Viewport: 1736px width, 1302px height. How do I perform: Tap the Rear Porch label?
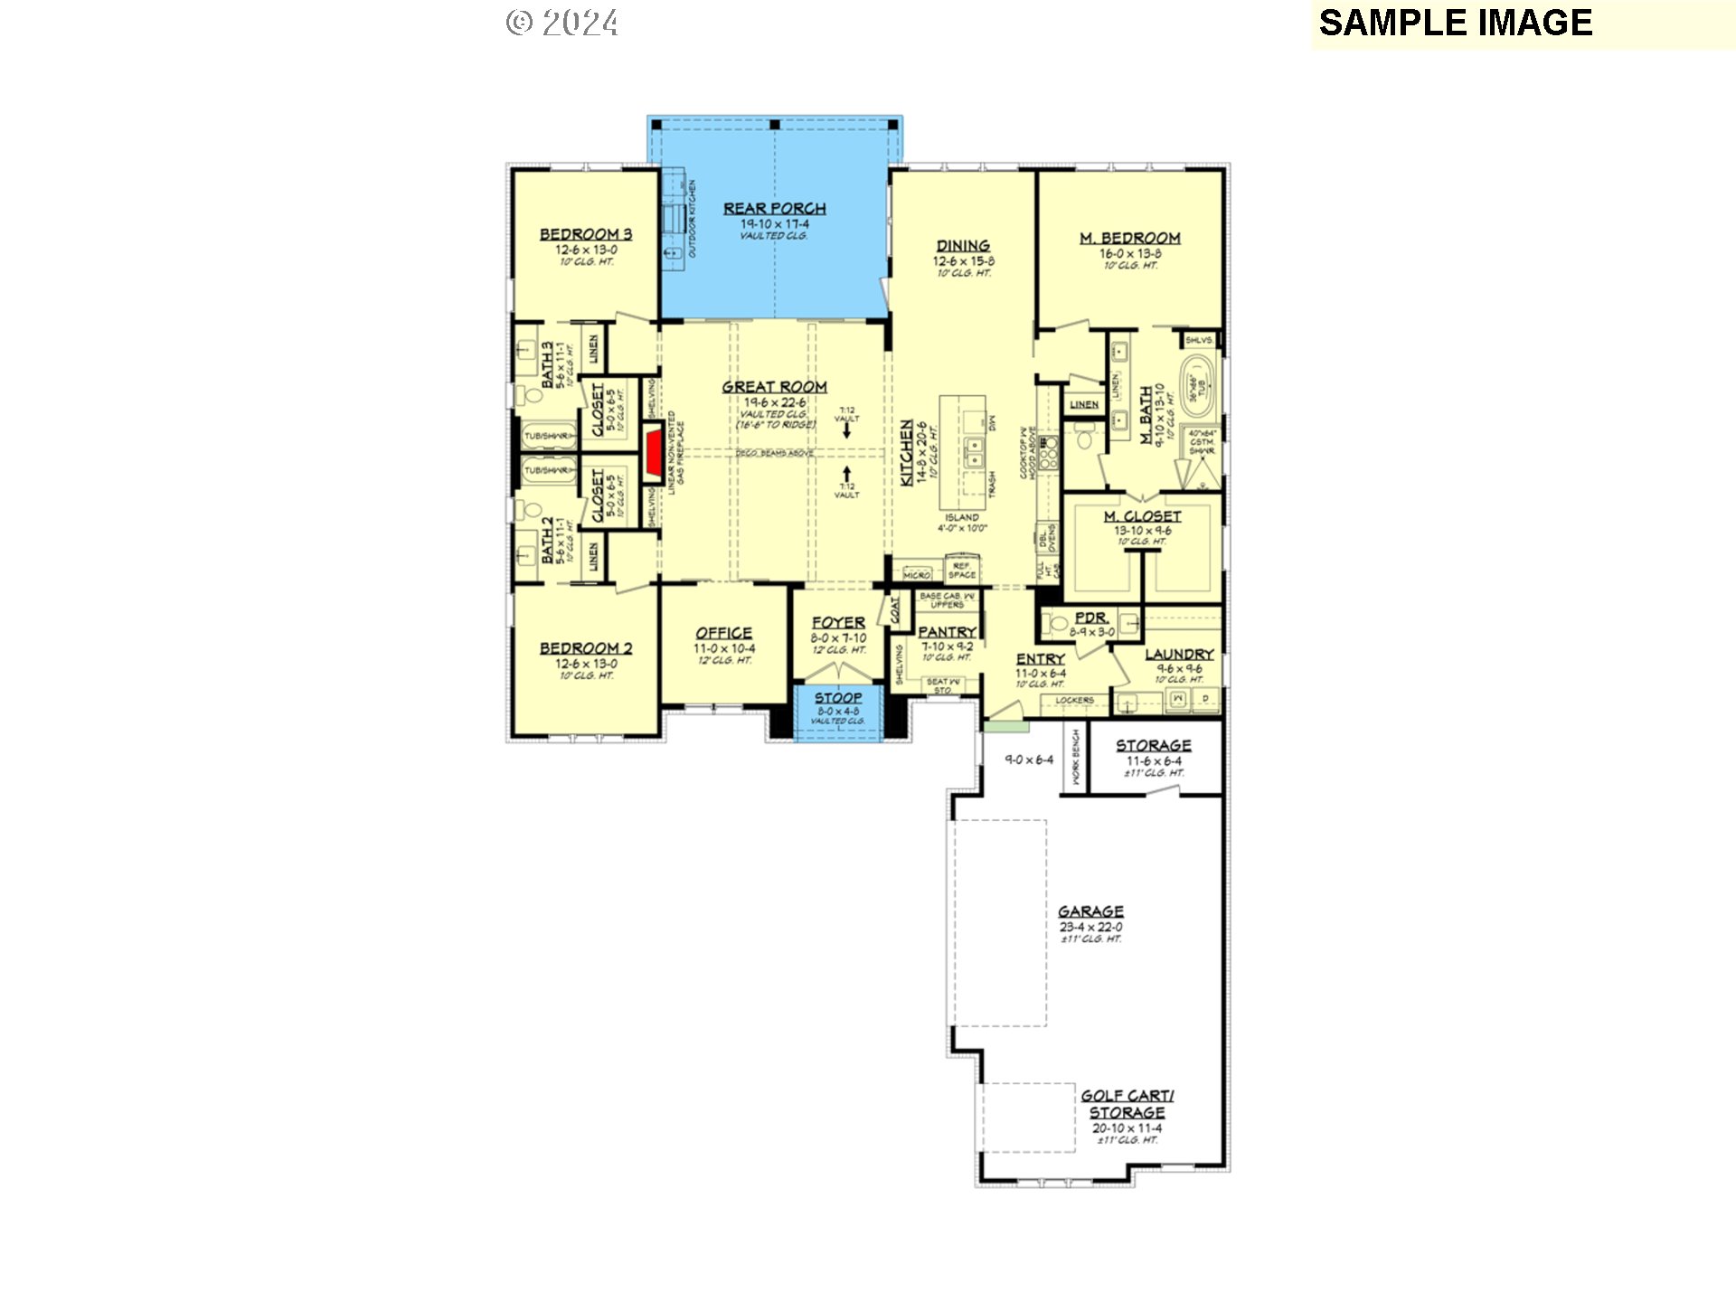pyautogui.click(x=774, y=209)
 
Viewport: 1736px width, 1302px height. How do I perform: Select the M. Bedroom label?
pyautogui.click(x=1129, y=238)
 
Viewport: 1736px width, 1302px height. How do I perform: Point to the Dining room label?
pyautogui.click(x=963, y=246)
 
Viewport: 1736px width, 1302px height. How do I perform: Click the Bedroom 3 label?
pyautogui.click(x=586, y=234)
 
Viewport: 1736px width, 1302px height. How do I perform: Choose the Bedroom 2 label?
pyautogui.click(x=586, y=648)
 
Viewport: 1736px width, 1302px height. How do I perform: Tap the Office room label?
pyautogui.click(x=723, y=633)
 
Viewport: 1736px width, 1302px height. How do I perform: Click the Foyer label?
pyautogui.click(x=838, y=623)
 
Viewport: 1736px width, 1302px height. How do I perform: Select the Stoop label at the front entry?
pyautogui.click(x=838, y=698)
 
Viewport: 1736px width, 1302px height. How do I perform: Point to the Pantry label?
pyautogui.click(x=947, y=632)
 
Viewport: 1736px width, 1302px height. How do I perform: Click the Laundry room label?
pyautogui.click(x=1179, y=654)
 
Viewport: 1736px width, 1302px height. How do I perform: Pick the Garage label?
pyautogui.click(x=1090, y=911)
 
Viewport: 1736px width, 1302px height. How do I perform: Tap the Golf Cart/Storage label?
pyautogui.click(x=1127, y=1104)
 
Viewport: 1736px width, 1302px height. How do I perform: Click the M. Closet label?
pyautogui.click(x=1142, y=516)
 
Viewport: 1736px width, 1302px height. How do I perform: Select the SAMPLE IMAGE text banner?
pyautogui.click(x=1456, y=24)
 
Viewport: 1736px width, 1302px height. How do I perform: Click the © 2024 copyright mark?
pyautogui.click(x=562, y=23)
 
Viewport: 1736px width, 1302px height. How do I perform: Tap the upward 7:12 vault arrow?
pyautogui.click(x=846, y=474)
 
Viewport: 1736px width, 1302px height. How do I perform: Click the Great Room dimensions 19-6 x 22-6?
pyautogui.click(x=775, y=402)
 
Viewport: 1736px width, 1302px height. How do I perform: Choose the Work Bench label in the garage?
pyautogui.click(x=1076, y=757)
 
